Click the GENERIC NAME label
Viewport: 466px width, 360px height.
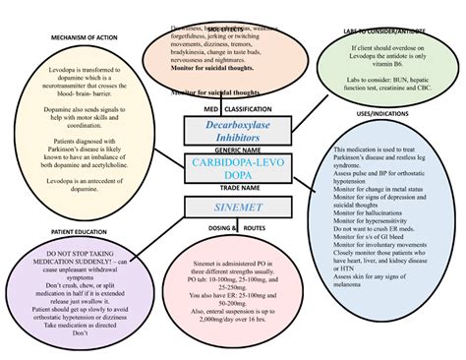pos(234,149)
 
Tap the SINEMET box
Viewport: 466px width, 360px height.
pos(234,208)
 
